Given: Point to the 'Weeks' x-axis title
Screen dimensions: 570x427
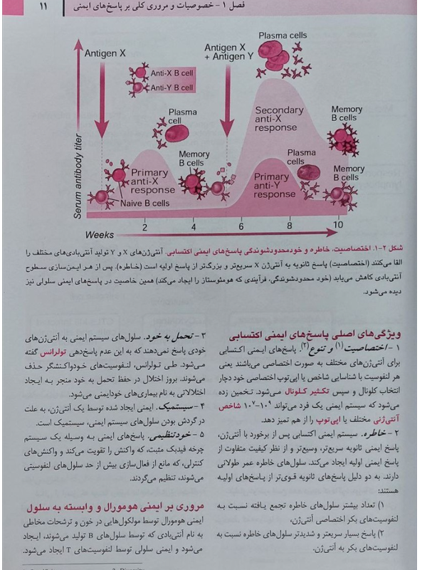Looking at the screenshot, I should (100, 234).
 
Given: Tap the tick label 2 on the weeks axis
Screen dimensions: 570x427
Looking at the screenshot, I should (144, 227).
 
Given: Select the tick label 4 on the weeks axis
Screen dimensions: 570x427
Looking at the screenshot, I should (194, 227).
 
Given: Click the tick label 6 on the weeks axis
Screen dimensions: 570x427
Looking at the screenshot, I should (241, 227).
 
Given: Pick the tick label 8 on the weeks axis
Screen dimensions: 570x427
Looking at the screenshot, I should (289, 227).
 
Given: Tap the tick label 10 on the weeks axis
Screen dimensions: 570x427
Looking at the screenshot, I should (337, 226).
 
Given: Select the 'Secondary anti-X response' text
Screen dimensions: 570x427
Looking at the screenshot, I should (279, 120).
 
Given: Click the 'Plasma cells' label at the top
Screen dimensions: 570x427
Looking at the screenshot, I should (283, 35).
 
